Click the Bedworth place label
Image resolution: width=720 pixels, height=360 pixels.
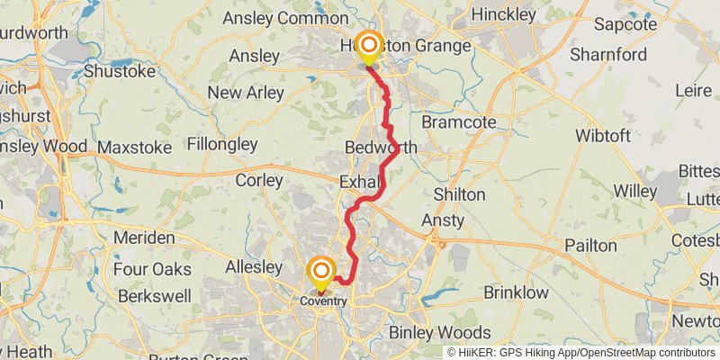381,147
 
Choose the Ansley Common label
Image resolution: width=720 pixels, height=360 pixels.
273,18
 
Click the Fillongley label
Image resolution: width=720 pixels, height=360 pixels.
222,144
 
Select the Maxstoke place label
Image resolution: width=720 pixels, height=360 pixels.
134,147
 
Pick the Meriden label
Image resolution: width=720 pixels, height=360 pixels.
145,238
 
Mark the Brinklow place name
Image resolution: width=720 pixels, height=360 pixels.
516,292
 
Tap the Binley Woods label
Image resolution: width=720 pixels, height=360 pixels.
439,332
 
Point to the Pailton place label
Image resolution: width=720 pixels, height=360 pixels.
590,245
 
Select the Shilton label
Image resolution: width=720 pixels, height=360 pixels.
459,194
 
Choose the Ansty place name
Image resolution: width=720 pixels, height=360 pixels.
443,220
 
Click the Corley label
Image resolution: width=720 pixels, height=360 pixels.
259,180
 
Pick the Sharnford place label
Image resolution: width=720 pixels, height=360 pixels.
608,52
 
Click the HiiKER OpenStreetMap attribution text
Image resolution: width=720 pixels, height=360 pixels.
581,352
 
